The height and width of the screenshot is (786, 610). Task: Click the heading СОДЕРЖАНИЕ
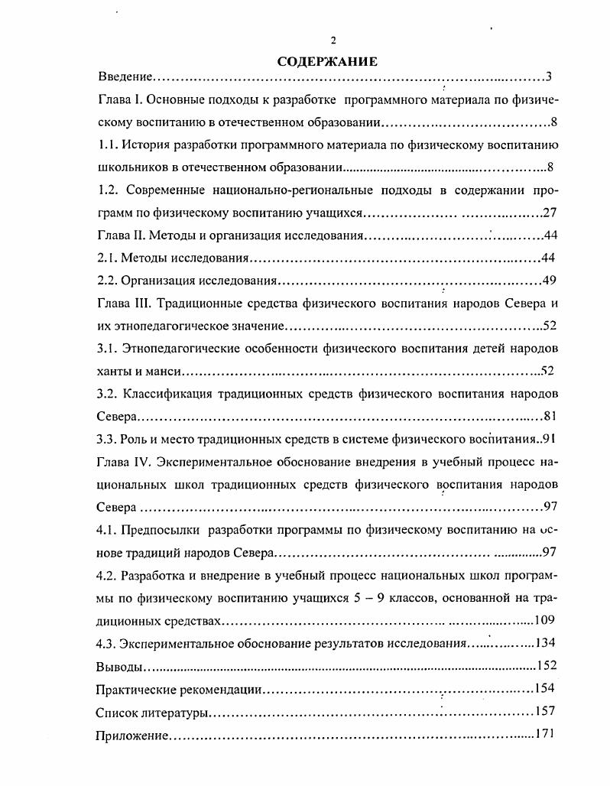click(327, 61)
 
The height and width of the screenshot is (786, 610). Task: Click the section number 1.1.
click(109, 145)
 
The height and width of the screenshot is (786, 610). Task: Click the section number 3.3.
click(109, 439)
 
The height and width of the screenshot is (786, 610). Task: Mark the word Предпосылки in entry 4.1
click(161, 529)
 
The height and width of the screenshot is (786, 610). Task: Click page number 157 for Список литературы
click(545, 712)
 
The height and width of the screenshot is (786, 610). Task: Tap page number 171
click(545, 734)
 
